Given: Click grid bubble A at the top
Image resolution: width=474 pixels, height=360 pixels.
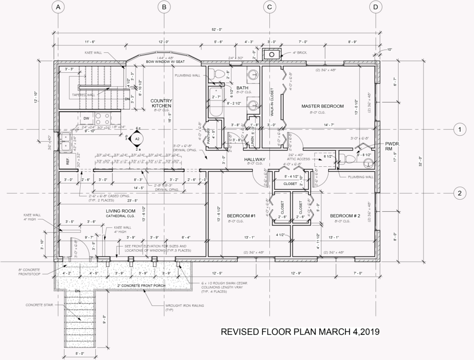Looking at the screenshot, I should tap(57, 7).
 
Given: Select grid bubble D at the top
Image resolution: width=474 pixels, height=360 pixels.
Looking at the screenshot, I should tap(375, 7).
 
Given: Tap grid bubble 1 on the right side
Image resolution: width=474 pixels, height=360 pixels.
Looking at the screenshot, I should tap(459, 130).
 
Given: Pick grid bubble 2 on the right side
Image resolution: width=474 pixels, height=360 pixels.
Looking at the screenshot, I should tap(459, 193).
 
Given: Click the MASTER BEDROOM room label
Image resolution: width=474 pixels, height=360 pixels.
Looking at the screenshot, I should tap(323, 106).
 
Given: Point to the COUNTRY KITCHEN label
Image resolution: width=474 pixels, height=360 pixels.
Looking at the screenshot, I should tap(161, 103).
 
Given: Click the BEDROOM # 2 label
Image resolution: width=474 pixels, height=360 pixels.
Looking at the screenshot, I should tap(345, 216).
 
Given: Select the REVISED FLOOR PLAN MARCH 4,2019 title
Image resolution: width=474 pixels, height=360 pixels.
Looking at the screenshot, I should tap(300, 332).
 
